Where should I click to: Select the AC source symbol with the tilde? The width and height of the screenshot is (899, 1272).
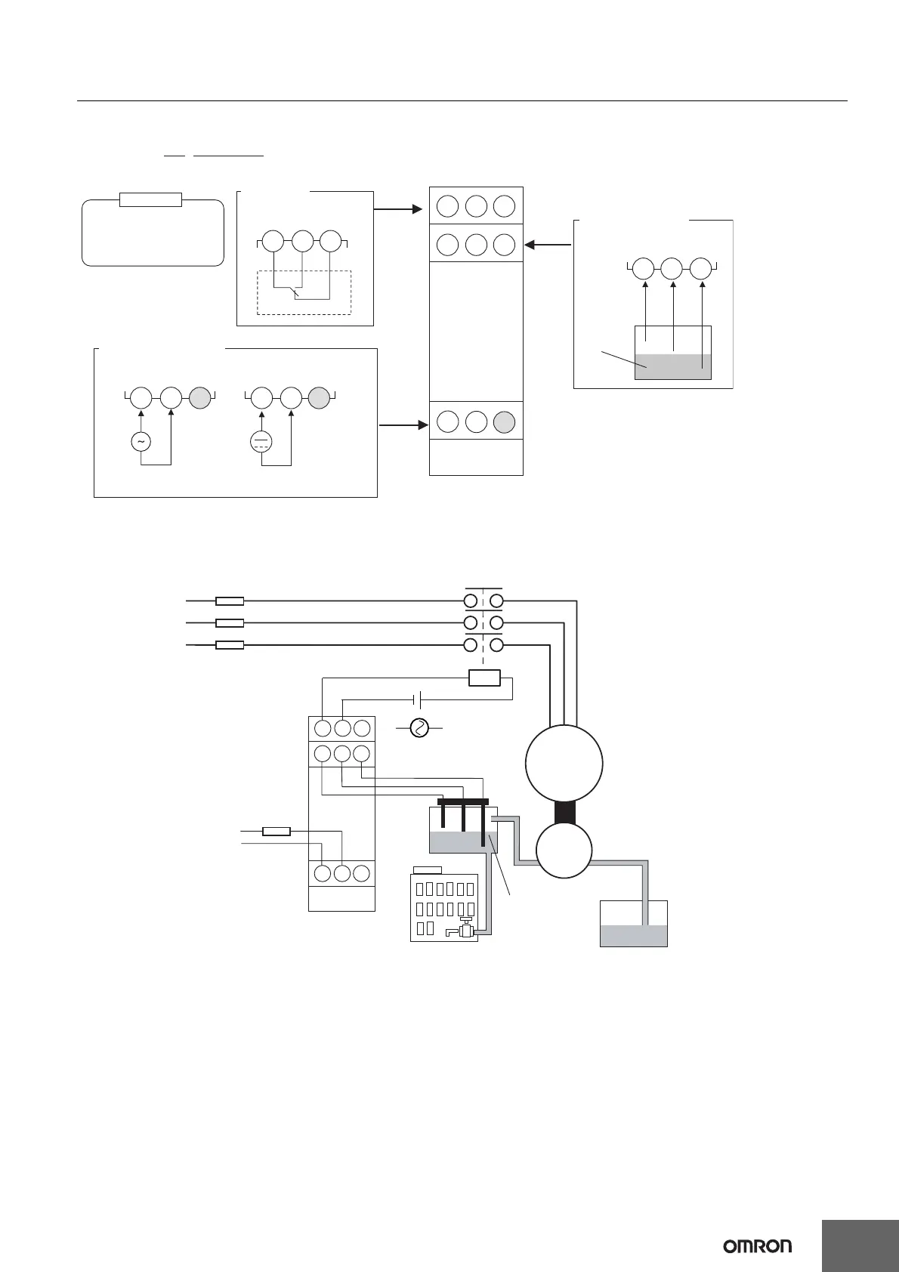(x=141, y=440)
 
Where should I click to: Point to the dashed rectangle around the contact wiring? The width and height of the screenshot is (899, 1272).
(x=304, y=292)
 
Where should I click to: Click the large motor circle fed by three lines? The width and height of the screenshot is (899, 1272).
(x=564, y=762)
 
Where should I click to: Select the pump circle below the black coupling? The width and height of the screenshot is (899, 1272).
(x=564, y=851)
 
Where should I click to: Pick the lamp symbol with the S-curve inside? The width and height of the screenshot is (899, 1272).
(x=419, y=728)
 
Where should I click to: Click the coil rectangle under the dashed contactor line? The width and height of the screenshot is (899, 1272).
(x=484, y=678)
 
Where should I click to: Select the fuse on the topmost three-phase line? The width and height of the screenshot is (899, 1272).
(x=230, y=601)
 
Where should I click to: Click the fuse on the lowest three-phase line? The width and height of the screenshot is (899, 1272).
(x=230, y=646)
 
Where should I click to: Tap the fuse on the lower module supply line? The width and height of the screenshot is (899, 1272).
(x=276, y=832)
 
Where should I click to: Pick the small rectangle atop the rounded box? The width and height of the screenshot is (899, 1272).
(x=151, y=200)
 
